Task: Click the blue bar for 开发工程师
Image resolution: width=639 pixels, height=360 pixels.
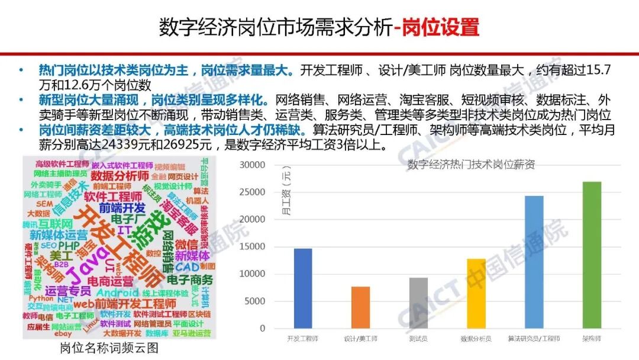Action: (303, 288)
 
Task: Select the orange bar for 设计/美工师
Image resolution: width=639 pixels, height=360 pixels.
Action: (360, 307)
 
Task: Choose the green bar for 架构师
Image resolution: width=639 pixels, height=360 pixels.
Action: (591, 255)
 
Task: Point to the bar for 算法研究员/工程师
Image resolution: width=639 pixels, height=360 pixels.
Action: (534, 262)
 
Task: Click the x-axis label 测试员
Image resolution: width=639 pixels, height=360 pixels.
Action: (418, 339)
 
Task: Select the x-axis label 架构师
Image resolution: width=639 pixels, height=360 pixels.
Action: (591, 339)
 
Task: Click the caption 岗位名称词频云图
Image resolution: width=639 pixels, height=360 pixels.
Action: (109, 348)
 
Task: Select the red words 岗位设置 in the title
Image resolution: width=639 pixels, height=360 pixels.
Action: (441, 27)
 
